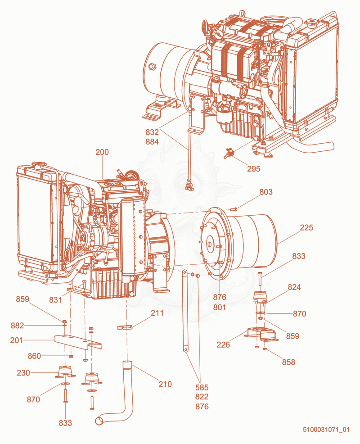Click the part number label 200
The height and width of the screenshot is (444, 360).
[102, 152]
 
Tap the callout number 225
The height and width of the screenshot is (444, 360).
[306, 227]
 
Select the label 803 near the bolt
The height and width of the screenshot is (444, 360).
[266, 192]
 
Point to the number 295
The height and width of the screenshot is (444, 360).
[254, 168]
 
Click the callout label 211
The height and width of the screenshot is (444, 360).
[157, 313]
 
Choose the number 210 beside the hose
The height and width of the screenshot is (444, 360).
[165, 384]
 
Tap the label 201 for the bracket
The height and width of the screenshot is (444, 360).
[16, 340]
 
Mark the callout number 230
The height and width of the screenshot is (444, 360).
[23, 373]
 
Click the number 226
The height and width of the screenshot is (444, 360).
[223, 344]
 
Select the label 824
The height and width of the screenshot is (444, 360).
[294, 287]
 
